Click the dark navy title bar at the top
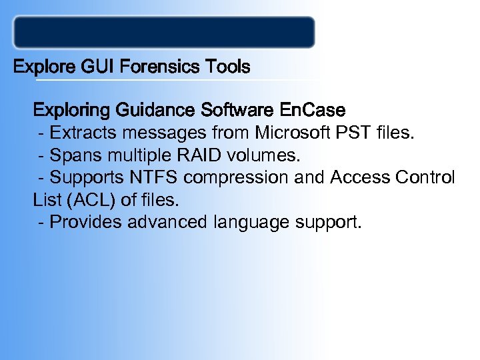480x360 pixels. [164, 33]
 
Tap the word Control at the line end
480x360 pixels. [426, 178]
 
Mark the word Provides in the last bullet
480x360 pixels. [81, 222]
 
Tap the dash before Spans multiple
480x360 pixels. [43, 156]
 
